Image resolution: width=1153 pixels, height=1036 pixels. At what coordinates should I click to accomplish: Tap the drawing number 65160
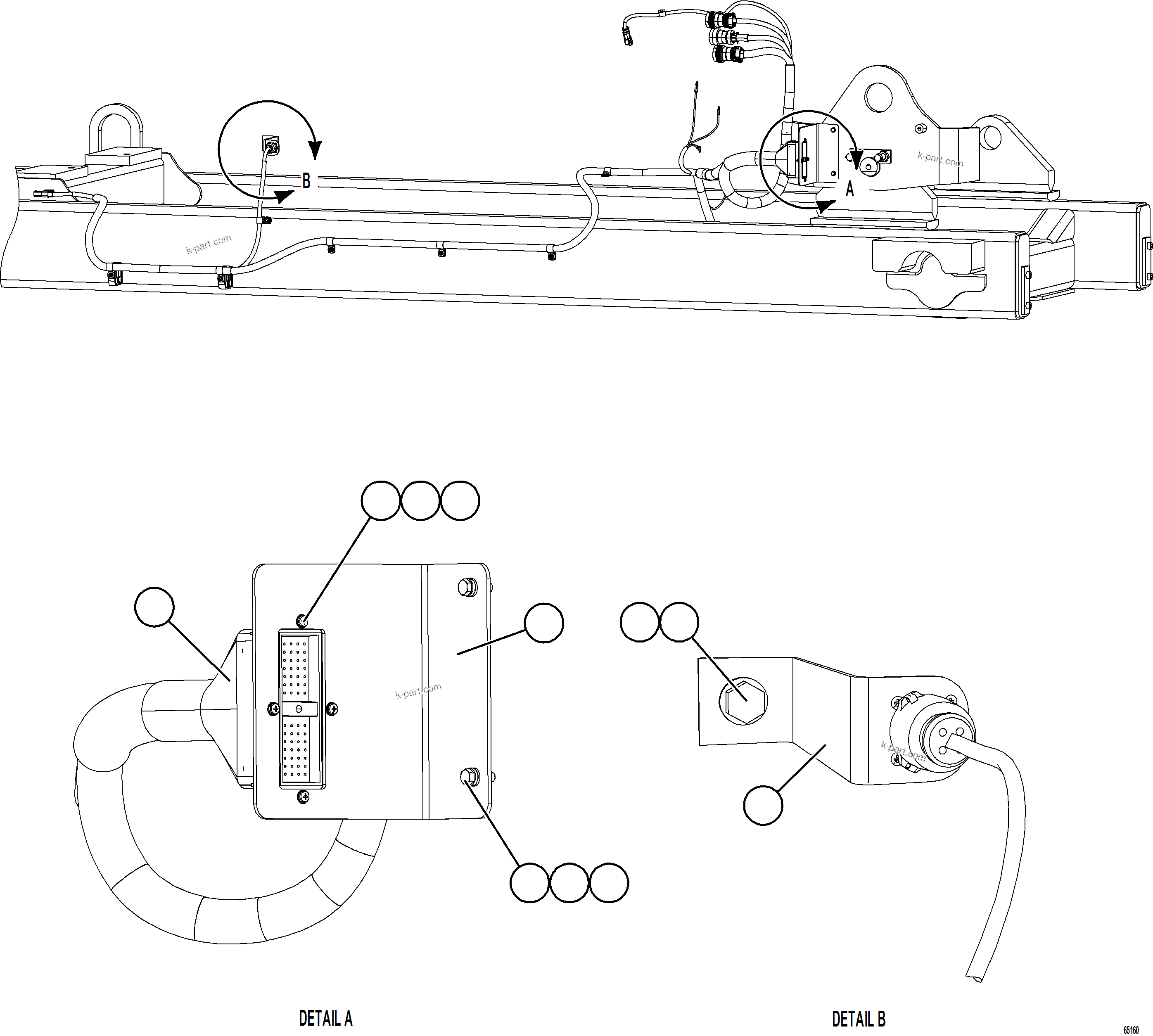click(1130, 1030)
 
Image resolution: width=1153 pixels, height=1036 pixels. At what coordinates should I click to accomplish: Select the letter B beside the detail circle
click(306, 182)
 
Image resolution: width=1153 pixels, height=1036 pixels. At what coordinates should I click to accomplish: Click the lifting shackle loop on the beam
click(113, 128)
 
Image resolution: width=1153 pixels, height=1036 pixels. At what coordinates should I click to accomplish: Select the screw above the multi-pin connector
click(304, 620)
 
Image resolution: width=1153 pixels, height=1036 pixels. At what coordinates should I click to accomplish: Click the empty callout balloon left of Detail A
click(154, 607)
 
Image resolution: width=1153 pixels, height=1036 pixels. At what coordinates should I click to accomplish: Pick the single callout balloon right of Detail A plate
click(544, 623)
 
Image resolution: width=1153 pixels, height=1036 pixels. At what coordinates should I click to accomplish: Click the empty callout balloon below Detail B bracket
click(763, 805)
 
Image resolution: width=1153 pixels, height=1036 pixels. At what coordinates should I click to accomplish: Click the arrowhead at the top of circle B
click(315, 150)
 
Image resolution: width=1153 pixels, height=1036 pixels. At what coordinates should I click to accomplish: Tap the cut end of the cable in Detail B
click(974, 977)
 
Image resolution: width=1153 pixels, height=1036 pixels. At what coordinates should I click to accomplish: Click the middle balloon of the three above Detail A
click(420, 500)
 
